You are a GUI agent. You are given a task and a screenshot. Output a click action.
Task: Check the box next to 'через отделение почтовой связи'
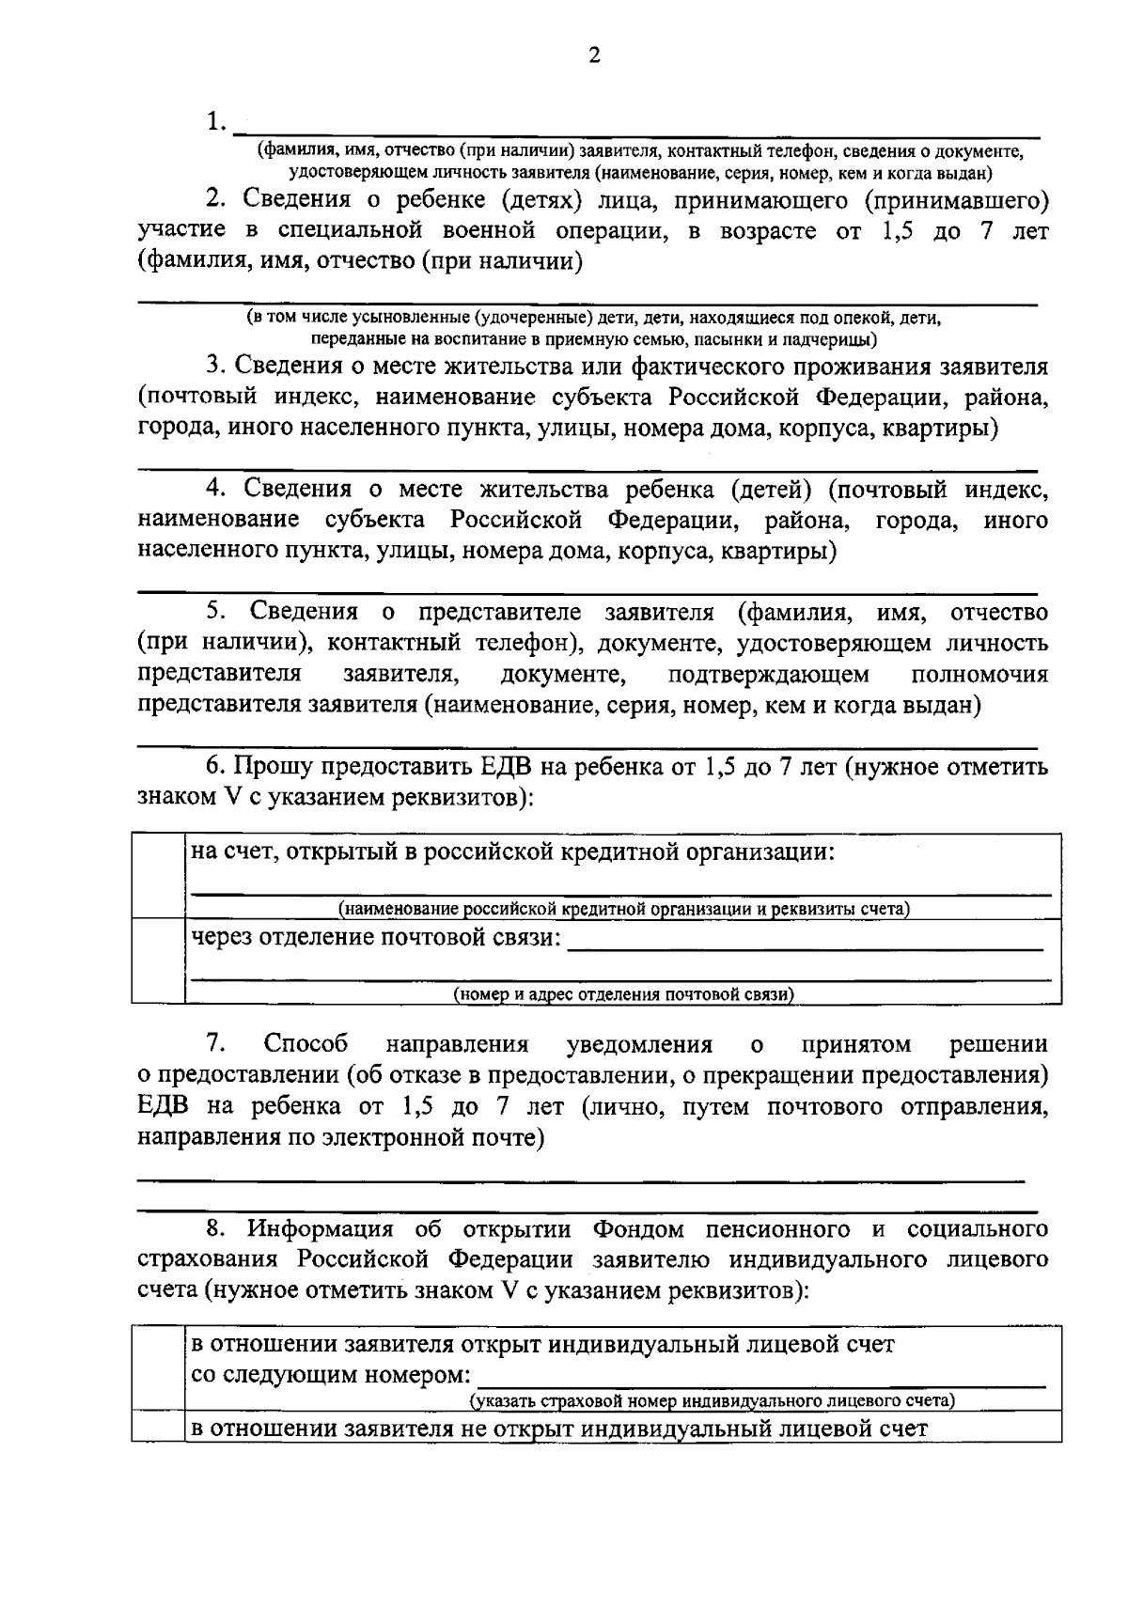[x=158, y=960]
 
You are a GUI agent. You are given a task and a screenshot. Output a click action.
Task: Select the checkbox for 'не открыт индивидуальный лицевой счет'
[x=156, y=1429]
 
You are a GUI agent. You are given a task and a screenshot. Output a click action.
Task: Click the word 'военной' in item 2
[x=512, y=231]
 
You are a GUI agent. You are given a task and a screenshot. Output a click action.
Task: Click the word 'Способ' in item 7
[x=306, y=1044]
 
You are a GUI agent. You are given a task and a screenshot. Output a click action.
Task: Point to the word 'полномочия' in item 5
[x=979, y=675]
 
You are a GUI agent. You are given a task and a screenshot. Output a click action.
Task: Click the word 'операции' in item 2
[x=619, y=231]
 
